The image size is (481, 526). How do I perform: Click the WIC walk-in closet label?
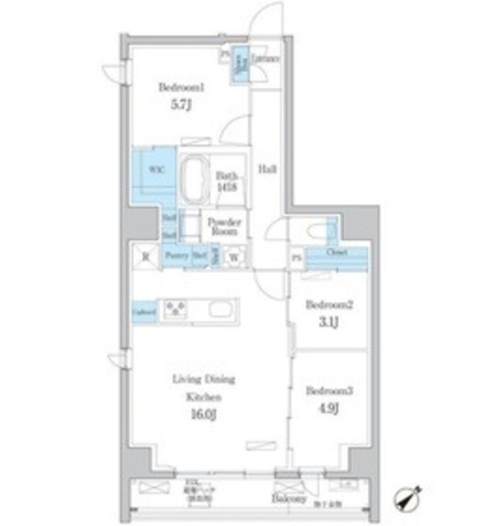(155, 168)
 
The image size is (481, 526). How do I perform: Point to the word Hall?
(268, 169)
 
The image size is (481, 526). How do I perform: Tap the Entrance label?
(266, 59)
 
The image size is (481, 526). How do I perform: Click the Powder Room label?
(223, 226)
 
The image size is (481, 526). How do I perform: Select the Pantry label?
(177, 256)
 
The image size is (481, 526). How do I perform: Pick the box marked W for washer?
(234, 256)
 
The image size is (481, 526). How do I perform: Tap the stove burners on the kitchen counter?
(177, 309)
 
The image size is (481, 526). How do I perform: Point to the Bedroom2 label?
(329, 303)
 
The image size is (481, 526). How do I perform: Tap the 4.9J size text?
(329, 406)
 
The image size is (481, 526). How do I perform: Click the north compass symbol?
(409, 497)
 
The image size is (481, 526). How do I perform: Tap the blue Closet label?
(335, 252)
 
